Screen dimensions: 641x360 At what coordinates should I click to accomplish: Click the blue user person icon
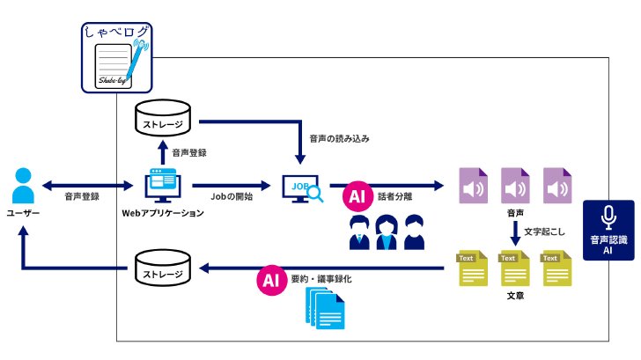23,186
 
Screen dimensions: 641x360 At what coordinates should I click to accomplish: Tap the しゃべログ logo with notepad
116,57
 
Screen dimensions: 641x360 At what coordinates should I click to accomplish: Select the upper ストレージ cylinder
163,118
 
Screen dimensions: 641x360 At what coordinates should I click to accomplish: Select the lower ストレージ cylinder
163,268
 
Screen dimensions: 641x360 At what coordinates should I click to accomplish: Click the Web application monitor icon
163,186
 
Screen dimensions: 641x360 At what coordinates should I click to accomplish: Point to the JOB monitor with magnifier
303,188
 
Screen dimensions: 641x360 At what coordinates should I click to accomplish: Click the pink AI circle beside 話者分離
357,196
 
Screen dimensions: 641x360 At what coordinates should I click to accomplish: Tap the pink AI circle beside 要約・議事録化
272,280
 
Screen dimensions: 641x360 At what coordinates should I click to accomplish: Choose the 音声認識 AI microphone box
608,230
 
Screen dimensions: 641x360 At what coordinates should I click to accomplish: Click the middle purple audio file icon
515,186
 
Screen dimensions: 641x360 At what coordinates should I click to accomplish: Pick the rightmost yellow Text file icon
557,268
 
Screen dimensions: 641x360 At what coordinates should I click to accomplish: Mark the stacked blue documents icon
326,308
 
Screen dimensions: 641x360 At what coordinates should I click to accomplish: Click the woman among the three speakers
387,232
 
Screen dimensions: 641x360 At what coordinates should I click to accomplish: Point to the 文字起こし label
544,231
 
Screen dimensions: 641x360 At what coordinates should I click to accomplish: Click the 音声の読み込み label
339,139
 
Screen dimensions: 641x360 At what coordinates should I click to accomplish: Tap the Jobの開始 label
232,196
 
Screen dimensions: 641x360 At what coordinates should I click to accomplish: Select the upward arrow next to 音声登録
163,152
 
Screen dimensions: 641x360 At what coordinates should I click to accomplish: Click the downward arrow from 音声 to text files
515,233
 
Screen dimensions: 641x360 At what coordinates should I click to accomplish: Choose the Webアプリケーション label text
163,213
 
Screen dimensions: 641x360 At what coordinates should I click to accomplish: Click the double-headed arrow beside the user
88,186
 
